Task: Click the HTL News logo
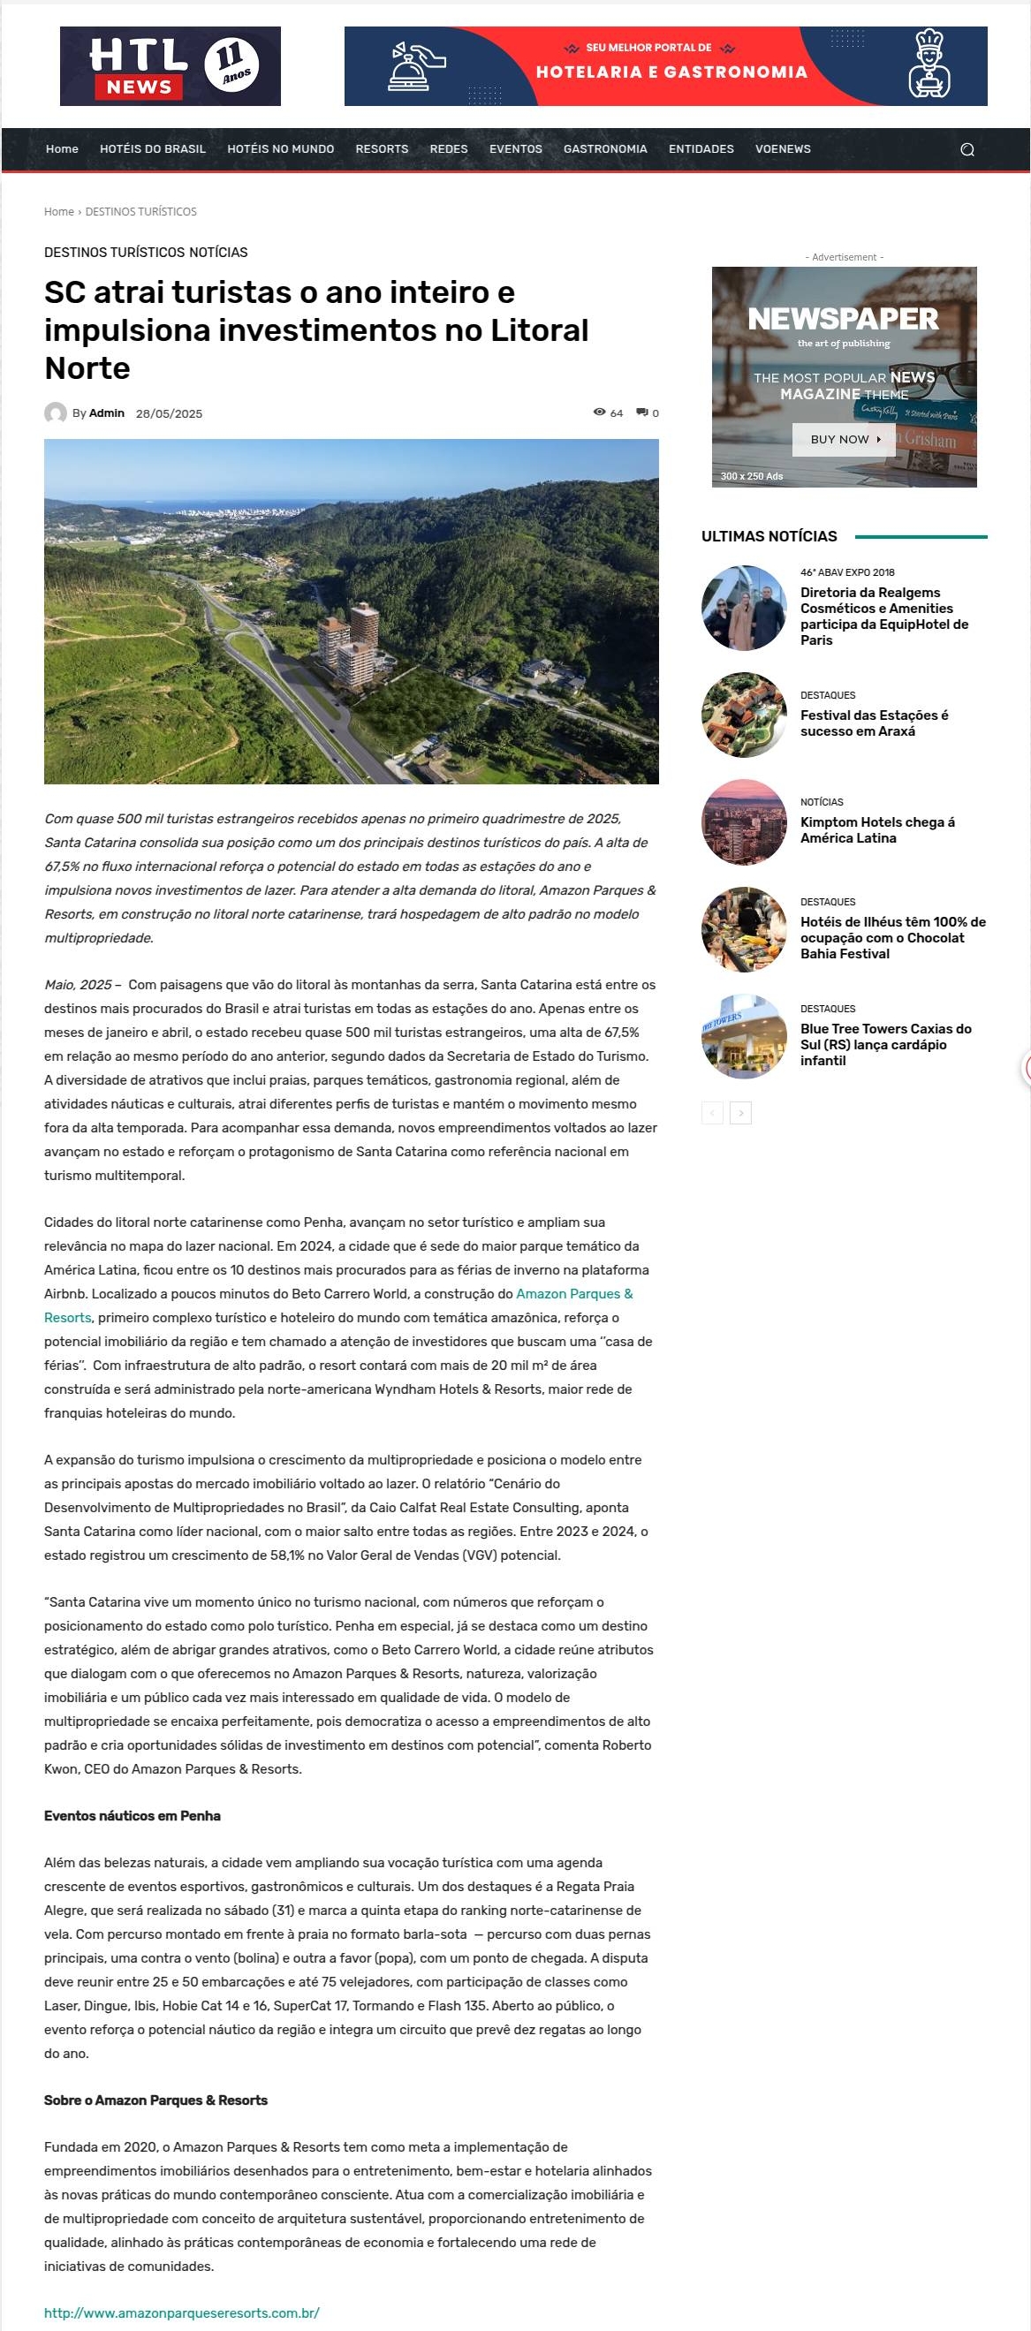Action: tap(171, 66)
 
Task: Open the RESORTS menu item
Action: tap(381, 149)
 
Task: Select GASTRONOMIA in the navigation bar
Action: tap(604, 149)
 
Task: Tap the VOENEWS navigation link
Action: tap(782, 149)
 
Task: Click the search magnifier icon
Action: tap(967, 150)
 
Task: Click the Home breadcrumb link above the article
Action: tap(59, 212)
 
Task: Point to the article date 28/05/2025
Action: tap(170, 413)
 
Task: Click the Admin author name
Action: tap(107, 413)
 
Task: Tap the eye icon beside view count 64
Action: tap(599, 412)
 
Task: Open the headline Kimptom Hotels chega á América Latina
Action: tap(877, 829)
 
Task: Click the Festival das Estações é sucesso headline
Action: tap(874, 723)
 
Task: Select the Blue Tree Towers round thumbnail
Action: tap(744, 1037)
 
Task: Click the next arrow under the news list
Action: tap(740, 1113)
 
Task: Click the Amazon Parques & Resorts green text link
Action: tap(574, 1294)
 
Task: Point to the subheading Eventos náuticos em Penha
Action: tap(133, 1816)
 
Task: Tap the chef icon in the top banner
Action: tap(929, 64)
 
